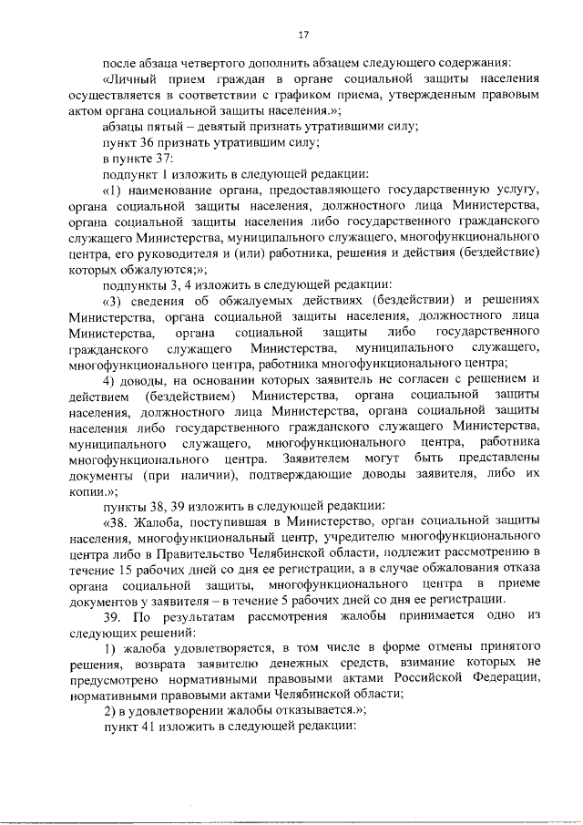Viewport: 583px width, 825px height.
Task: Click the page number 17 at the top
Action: tap(304, 36)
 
